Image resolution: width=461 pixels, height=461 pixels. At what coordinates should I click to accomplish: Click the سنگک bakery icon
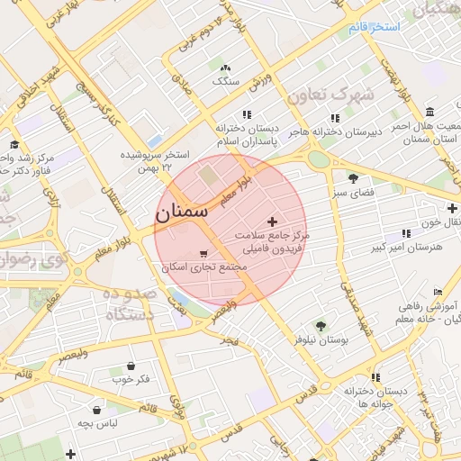pos(224,67)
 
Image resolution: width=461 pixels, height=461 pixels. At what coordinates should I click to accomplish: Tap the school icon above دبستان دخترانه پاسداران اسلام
pos(247,114)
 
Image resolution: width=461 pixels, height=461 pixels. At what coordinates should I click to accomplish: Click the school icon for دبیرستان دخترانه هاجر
pos(335,117)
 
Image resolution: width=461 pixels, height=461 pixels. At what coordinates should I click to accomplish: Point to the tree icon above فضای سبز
pos(352,178)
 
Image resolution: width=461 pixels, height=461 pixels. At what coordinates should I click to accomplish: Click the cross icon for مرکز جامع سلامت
pos(273,221)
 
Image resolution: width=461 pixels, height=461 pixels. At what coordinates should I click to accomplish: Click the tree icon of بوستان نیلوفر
pos(321,326)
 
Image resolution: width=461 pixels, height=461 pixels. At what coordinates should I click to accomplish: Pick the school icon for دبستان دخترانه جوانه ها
pos(375,377)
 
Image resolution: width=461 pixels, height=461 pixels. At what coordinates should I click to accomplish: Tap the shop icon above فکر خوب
pos(132,366)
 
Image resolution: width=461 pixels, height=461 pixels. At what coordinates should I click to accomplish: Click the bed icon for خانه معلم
pos(438,293)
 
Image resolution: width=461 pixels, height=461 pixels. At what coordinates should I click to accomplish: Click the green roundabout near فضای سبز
pos(317,159)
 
